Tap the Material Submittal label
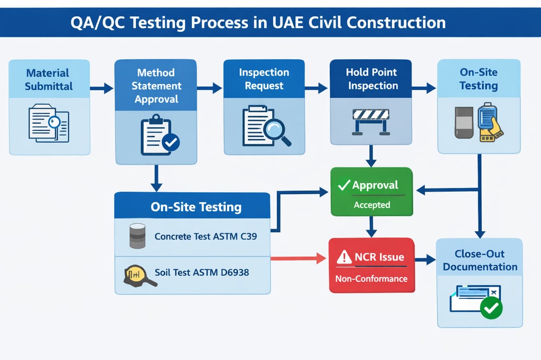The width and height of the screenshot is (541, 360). (x=49, y=80)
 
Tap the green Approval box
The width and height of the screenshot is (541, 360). (x=371, y=192)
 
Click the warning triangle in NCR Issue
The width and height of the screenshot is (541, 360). (x=344, y=258)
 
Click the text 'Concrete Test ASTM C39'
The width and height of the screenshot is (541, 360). (x=206, y=236)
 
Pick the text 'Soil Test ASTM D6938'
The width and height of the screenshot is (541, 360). (x=202, y=273)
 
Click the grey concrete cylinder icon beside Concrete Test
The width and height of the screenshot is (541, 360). (x=137, y=236)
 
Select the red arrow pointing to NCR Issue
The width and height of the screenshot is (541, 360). (x=299, y=258)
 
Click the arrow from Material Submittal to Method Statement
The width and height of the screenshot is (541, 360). (x=101, y=88)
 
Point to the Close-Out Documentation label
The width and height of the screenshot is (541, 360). (x=480, y=260)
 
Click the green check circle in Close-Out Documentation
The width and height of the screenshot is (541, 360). (x=491, y=307)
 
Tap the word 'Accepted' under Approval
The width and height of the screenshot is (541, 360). (x=371, y=205)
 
